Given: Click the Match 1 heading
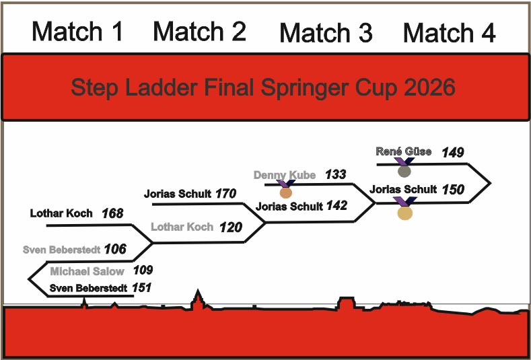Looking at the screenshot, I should [77, 32].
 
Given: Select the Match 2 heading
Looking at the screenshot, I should [199, 32].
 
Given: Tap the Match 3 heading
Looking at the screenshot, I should [326, 33].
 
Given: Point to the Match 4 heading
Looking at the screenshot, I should [449, 33].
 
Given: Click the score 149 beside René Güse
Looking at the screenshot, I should [453, 153].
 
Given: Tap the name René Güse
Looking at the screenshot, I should [403, 152].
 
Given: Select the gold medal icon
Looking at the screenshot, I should [405, 213].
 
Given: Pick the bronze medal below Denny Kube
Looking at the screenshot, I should [286, 192].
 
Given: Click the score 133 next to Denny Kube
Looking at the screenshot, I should [335, 175].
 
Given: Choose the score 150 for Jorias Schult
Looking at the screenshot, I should [453, 190].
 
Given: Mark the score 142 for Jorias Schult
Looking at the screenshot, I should [337, 206].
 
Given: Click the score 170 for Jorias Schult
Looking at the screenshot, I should [226, 194].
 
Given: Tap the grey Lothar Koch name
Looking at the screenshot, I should [182, 227].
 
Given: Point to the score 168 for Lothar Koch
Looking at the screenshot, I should [112, 214].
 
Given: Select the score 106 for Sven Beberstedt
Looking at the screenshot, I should [115, 250].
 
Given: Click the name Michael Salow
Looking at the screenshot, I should [87, 271].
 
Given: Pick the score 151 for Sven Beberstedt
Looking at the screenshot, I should [141, 288].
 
